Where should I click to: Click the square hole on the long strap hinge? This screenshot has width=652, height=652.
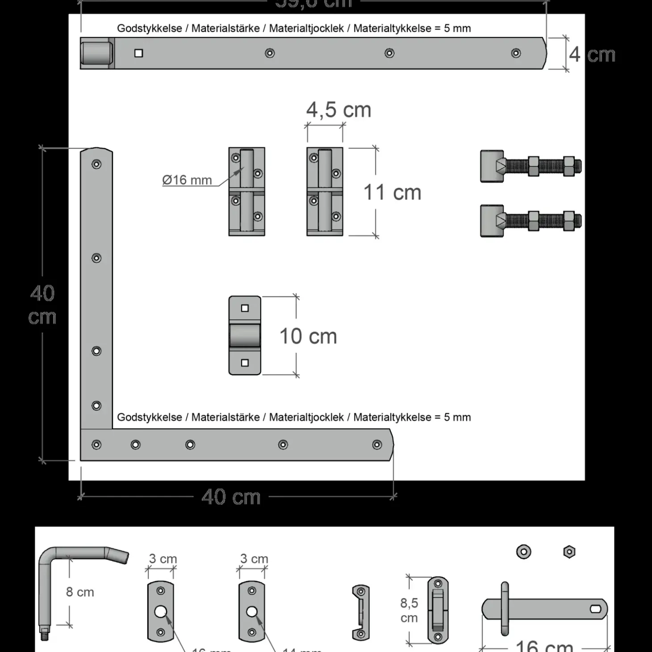139,53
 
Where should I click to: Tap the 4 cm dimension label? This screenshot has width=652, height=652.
592,55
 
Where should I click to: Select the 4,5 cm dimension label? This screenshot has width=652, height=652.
339,110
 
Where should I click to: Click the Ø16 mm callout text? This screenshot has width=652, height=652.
187,180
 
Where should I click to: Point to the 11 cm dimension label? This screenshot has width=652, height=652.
392,192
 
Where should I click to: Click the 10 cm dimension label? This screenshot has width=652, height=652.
308,336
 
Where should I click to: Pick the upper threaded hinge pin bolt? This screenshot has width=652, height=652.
531,167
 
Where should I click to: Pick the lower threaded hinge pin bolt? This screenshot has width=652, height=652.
531,221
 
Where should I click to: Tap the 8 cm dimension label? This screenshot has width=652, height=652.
80,592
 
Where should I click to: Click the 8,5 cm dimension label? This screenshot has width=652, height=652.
409,610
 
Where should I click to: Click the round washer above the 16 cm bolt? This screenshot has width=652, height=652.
523,552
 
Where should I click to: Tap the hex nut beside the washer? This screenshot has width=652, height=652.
569,552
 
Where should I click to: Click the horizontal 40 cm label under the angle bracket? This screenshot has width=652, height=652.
231,497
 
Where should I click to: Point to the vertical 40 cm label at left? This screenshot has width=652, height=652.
42,305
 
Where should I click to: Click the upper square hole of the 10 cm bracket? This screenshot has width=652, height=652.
245,308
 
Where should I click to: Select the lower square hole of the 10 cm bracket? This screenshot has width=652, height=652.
245,363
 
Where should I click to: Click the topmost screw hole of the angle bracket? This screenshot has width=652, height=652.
96,164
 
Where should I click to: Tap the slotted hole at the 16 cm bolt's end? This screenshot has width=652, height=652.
595,609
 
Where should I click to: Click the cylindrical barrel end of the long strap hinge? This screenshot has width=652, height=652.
96,53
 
